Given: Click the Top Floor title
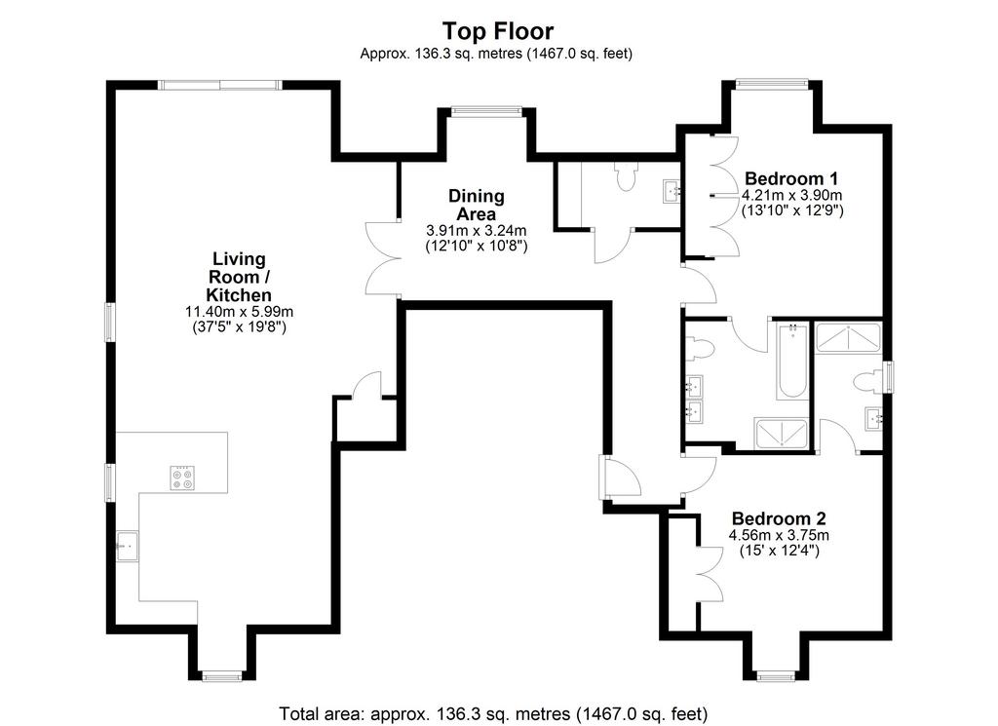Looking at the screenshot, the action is coord(498,30).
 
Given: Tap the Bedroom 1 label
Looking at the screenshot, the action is coord(791,178).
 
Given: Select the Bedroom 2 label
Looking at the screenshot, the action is coord(779,518).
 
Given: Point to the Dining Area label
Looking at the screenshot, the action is coord(476,205).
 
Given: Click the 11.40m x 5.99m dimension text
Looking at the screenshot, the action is coord(239,312).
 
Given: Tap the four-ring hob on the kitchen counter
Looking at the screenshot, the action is coord(182,478).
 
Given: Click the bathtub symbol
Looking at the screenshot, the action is coord(792,362).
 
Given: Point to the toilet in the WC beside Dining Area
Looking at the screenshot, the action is coord(626,175).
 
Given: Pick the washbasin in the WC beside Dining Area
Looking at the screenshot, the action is coord(672,191).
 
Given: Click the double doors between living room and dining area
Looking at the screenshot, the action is coord(382,257).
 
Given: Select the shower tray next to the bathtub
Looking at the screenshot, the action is coord(781,434).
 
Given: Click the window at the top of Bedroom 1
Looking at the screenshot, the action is coord(772,82).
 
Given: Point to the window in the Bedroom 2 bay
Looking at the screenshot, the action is coord(776,676).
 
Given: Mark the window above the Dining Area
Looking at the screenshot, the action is coord(486,111).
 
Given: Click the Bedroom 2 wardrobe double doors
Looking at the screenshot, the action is coord(710,575).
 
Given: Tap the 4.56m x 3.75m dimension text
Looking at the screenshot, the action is coord(779,535).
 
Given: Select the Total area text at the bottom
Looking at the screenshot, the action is coord(493,713).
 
